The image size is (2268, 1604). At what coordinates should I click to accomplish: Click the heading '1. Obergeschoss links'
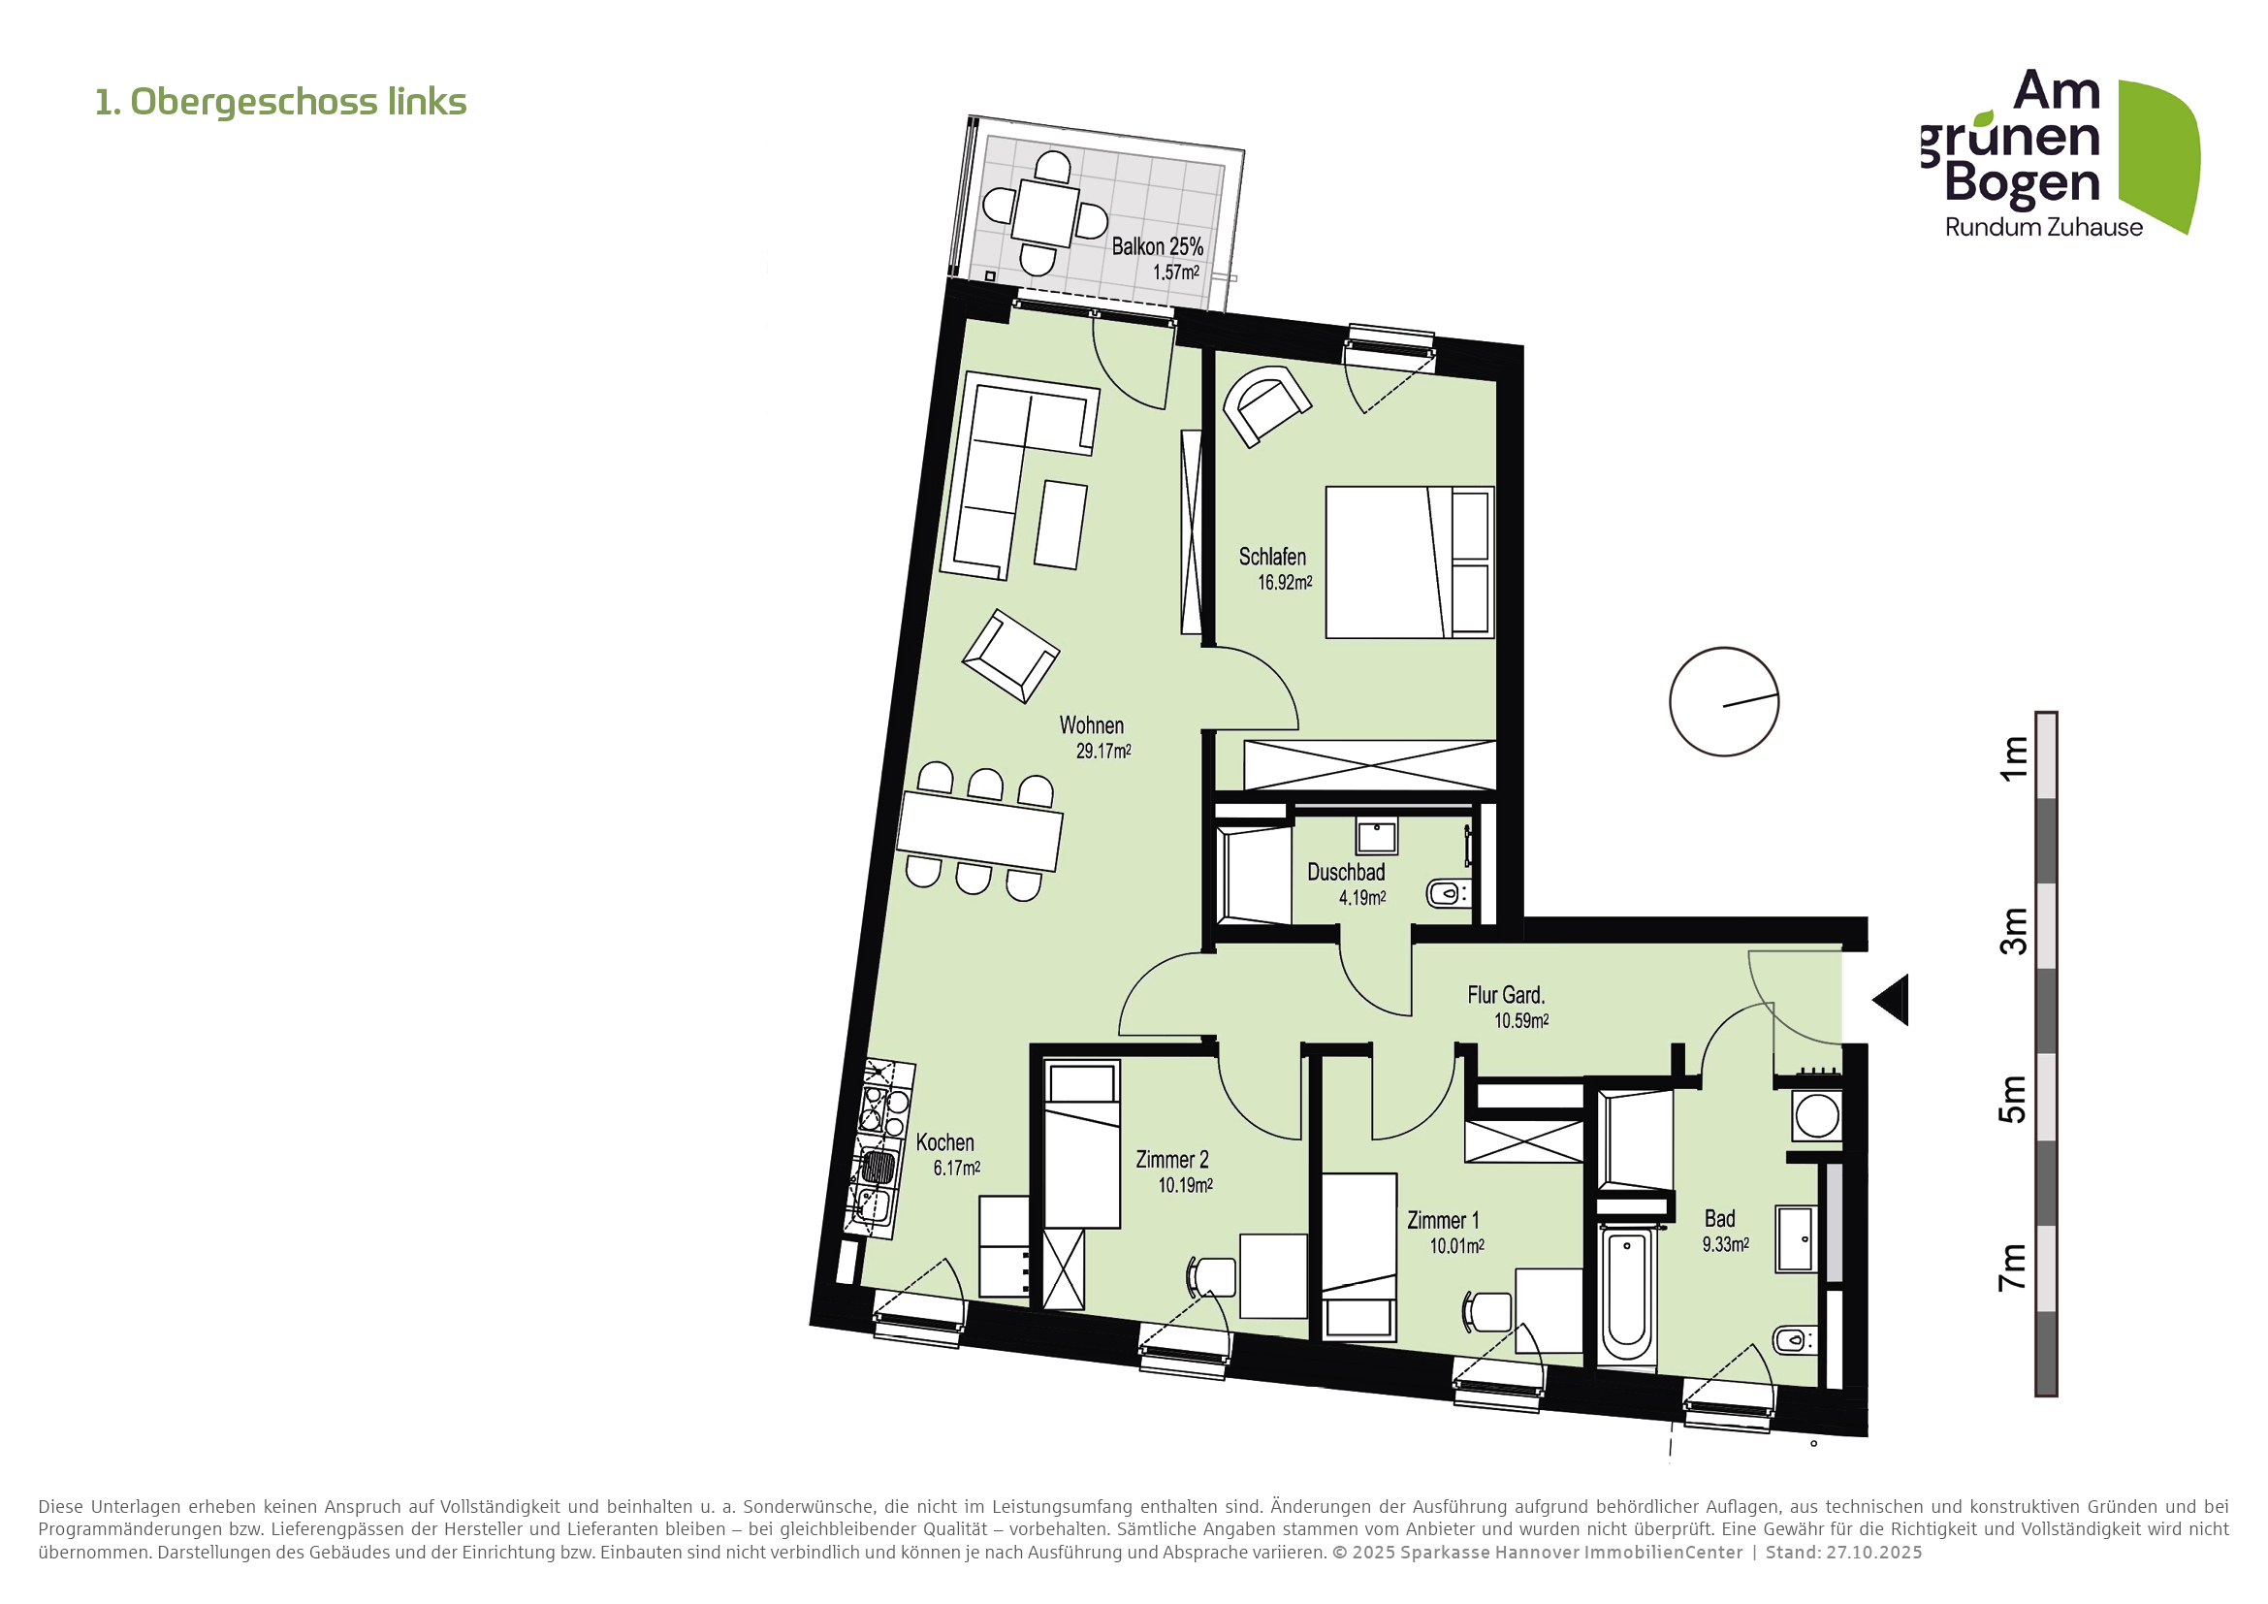[280, 102]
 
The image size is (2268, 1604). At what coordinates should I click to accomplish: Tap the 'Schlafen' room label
[1272, 557]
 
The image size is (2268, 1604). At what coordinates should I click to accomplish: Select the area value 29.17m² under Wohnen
[1103, 752]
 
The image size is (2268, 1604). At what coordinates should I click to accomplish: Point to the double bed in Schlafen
[1408, 562]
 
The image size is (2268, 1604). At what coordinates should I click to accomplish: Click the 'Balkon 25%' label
[1157, 247]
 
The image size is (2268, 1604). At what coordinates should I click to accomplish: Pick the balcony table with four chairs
[1045, 212]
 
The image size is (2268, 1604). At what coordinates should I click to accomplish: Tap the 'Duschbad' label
[1346, 873]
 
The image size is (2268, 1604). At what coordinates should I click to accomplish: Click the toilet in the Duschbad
[1448, 895]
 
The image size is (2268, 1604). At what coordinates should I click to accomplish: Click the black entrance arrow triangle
[1894, 1001]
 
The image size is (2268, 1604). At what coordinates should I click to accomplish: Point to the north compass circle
[1724, 702]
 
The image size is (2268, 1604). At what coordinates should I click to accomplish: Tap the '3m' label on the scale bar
[2013, 930]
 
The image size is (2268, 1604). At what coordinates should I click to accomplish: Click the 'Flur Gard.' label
[1506, 996]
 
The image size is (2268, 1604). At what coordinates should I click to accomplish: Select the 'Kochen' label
[944, 1142]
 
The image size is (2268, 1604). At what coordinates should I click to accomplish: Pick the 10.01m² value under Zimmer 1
[1456, 1246]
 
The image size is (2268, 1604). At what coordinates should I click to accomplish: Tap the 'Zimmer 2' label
[1171, 1160]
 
